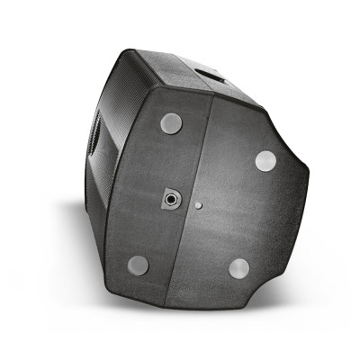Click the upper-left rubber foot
pyautogui.click(x=171, y=123)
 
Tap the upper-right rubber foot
pyautogui.click(x=265, y=161)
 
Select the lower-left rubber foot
pyautogui.click(x=138, y=265)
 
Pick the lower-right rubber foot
pyautogui.click(x=238, y=268)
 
